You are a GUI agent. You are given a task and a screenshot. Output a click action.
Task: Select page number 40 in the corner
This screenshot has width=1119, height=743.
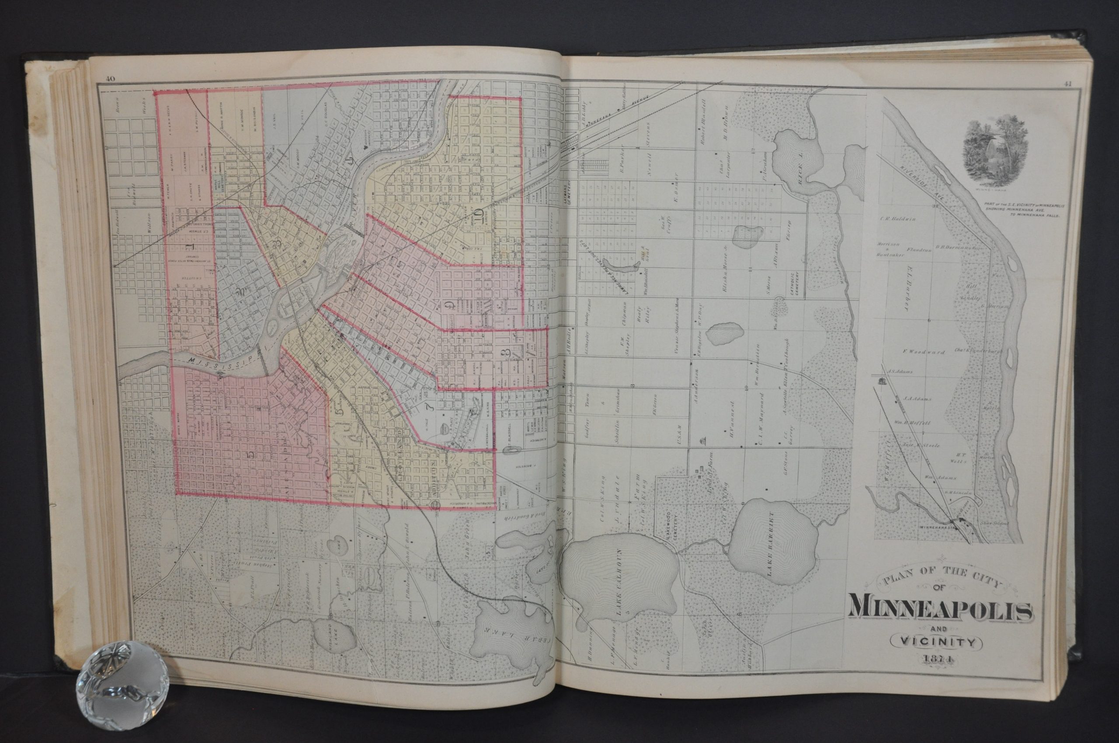click(111, 79)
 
